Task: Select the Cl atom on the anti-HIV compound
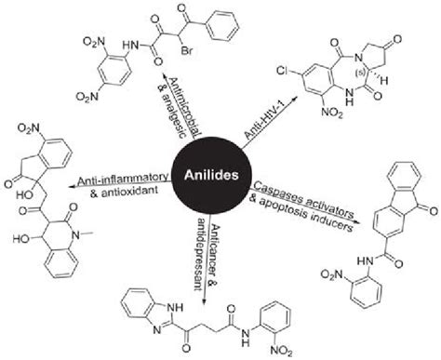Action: (x=285, y=69)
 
